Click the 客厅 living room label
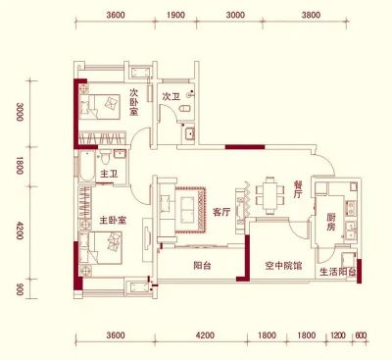point(221,212)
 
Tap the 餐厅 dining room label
point(298,190)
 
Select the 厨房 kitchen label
point(330,222)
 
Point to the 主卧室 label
point(113,221)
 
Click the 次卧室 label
point(133,102)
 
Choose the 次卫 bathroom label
point(171,96)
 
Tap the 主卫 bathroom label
point(109,174)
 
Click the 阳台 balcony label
point(202,265)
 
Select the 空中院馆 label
point(283,266)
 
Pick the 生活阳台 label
point(338,272)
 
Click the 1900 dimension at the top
point(175,15)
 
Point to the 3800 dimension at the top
point(312,15)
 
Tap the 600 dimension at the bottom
point(361,335)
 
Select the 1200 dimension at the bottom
point(338,335)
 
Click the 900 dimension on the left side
point(20,289)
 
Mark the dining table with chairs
point(269,195)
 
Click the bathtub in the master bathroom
point(86,167)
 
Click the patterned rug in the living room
point(190,210)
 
